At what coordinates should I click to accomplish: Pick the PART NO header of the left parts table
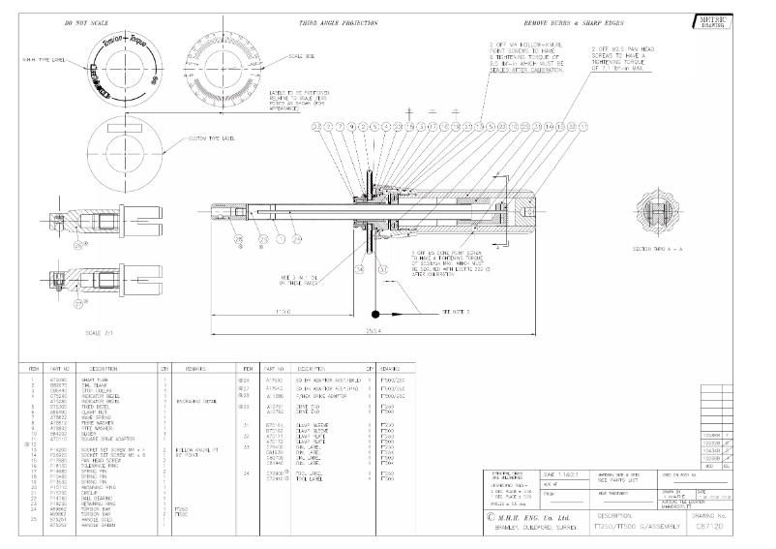click(x=60, y=369)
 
